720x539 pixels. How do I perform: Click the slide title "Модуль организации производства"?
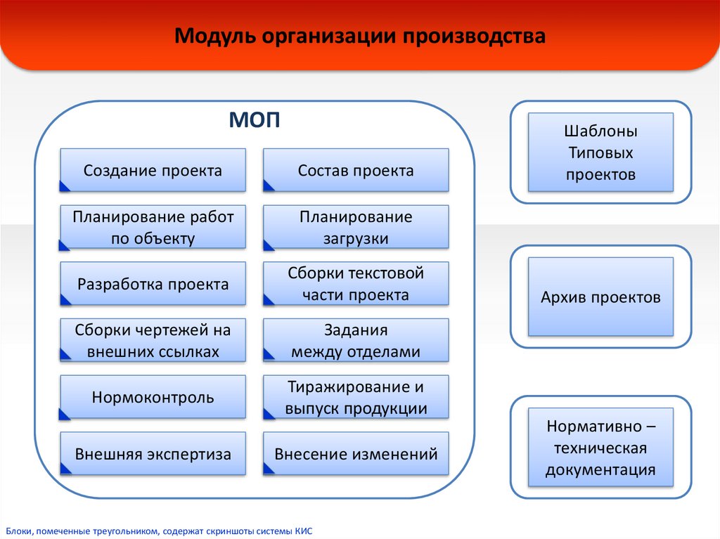[x=360, y=37]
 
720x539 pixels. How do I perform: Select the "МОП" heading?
[x=255, y=120]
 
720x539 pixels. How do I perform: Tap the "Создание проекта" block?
[x=153, y=170]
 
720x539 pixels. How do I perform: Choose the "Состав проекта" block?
[x=356, y=170]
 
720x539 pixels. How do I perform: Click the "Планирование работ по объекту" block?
[x=153, y=227]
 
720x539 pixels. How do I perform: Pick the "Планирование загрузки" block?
[x=356, y=227]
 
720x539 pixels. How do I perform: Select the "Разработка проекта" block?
[x=153, y=284]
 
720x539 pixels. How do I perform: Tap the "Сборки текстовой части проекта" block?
[x=356, y=284]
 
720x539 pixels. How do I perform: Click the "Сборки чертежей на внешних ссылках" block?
[x=153, y=341]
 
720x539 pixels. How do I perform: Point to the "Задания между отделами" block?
[x=356, y=341]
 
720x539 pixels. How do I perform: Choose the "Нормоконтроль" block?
[x=153, y=398]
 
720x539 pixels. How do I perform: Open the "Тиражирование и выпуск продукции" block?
[x=356, y=398]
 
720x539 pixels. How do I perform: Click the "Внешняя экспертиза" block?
[x=153, y=454]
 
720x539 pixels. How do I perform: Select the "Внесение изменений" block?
[x=356, y=454]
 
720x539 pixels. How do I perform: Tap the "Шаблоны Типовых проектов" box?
[x=600, y=152]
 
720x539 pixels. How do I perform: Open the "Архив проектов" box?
[x=600, y=297]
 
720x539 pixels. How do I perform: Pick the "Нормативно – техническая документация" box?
[x=600, y=448]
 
